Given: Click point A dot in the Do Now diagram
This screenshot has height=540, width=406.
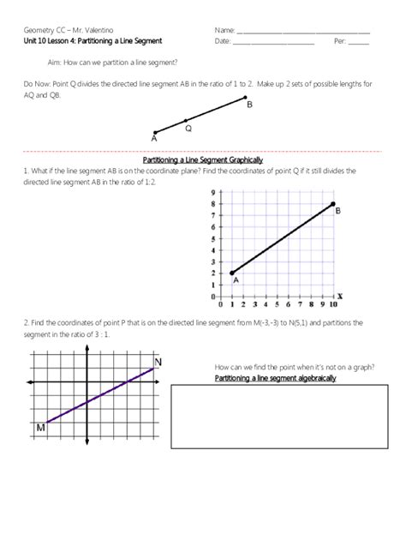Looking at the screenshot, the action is [x=155, y=132].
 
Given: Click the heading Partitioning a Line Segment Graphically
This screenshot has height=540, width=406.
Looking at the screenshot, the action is [x=202, y=160].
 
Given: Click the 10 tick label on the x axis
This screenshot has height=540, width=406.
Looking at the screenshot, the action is [x=332, y=304].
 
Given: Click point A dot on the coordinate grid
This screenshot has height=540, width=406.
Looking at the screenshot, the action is [x=231, y=273].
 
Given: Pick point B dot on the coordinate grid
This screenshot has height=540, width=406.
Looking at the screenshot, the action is [x=332, y=204].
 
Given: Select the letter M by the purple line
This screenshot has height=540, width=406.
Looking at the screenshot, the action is [x=40, y=426].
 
